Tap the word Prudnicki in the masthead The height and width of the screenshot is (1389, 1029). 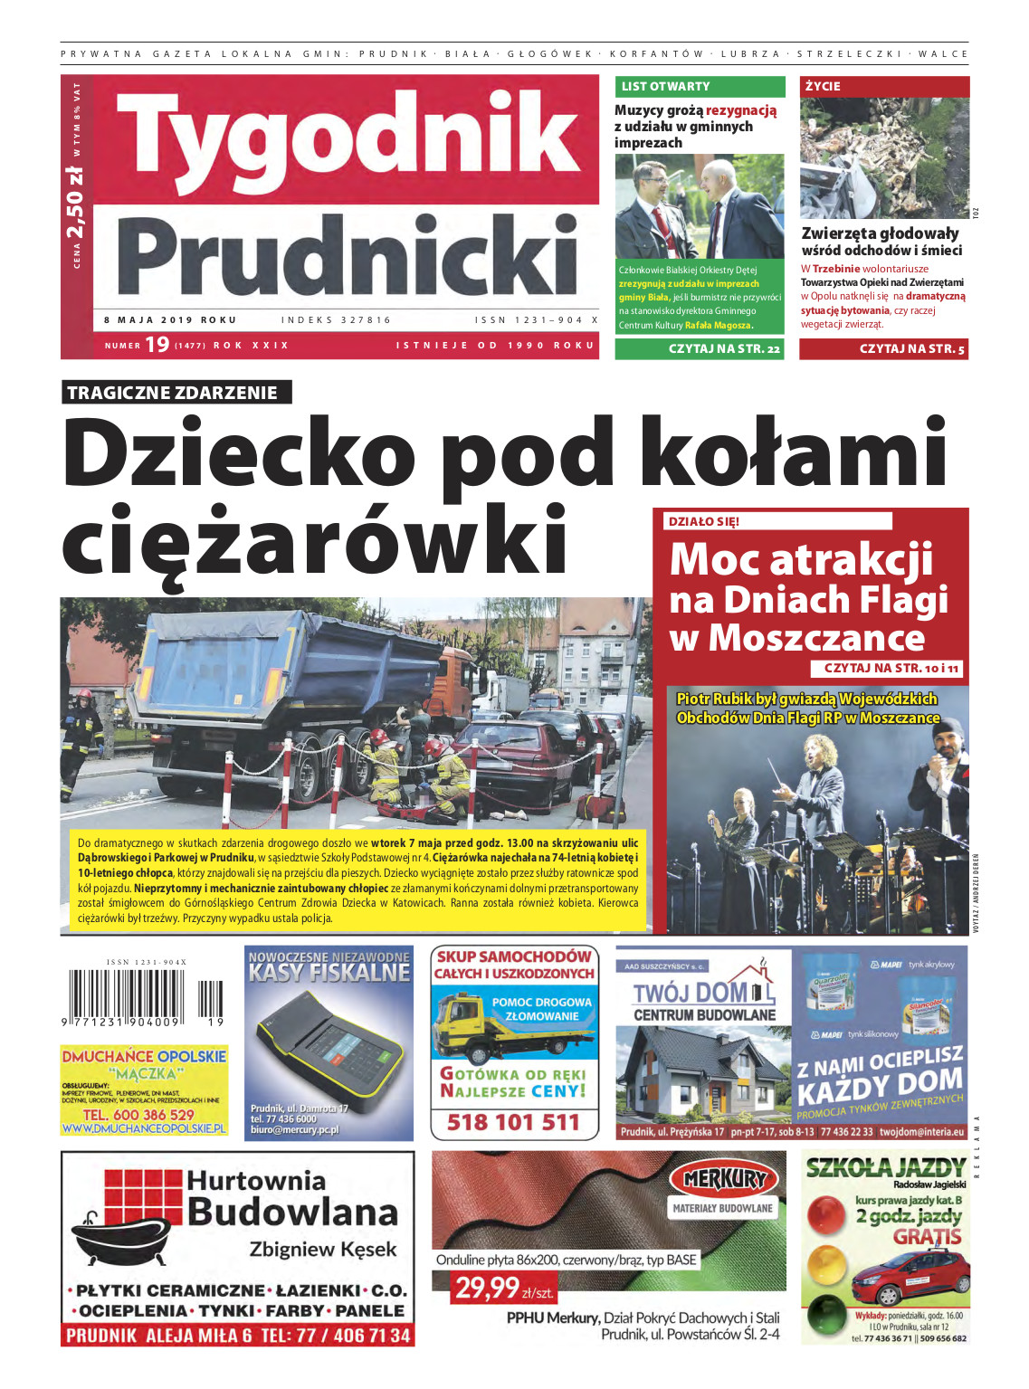(347, 256)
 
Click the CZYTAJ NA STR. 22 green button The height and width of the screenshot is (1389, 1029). (700, 348)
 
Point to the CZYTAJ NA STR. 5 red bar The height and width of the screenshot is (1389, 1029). (883, 348)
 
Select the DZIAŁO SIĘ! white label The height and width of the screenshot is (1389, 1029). (702, 521)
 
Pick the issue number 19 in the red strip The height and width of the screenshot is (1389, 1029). (157, 345)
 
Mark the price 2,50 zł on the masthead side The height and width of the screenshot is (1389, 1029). (76, 202)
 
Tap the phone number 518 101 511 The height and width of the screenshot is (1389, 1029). (513, 1123)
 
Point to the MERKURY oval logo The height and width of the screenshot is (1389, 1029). (724, 1179)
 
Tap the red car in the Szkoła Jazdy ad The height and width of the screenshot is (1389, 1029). (911, 1278)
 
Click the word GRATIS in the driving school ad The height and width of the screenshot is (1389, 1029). (927, 1236)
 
